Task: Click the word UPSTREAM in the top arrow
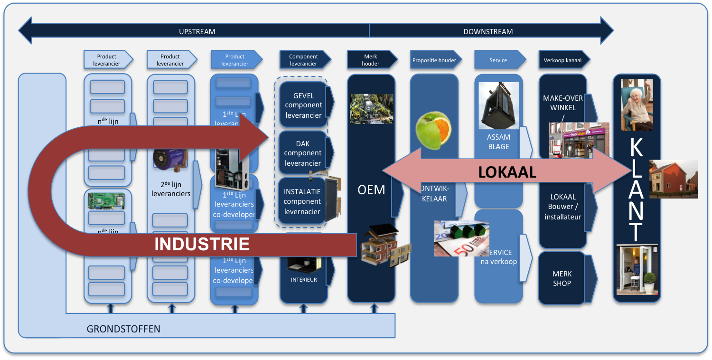pyautogui.click(x=197, y=32)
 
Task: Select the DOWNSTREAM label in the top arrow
pyautogui.click(x=488, y=32)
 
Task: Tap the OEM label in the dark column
pyautogui.click(x=371, y=190)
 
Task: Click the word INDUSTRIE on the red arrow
pyautogui.click(x=202, y=244)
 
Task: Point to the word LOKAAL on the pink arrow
pyautogui.click(x=507, y=172)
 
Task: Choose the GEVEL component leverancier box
pyautogui.click(x=303, y=105)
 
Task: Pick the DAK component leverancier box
pyautogui.click(x=303, y=153)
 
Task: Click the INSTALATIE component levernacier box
pyautogui.click(x=302, y=201)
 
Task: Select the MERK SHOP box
pyautogui.click(x=562, y=279)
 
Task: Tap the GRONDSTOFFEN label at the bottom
pyautogui.click(x=123, y=329)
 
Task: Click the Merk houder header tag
pyautogui.click(x=371, y=60)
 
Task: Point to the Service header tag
pyautogui.click(x=498, y=60)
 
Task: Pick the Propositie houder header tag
pyautogui.click(x=434, y=60)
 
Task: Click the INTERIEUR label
pyautogui.click(x=304, y=280)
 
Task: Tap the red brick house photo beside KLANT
pyautogui.click(x=673, y=179)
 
